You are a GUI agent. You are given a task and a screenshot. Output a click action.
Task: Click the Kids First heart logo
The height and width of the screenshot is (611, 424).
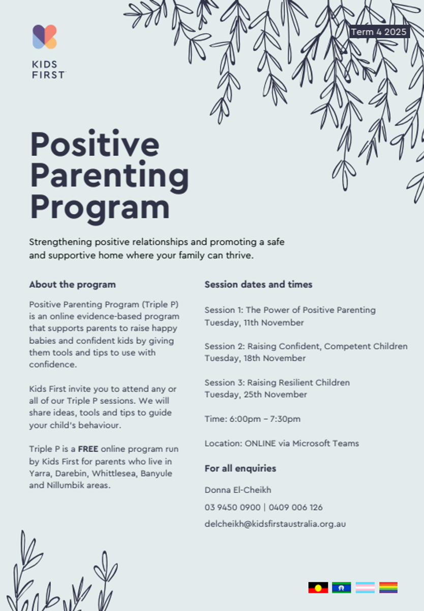[44, 37]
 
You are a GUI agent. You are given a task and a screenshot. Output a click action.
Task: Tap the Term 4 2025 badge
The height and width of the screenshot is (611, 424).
[379, 32]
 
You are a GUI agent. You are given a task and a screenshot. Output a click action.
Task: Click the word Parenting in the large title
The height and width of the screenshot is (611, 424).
[109, 176]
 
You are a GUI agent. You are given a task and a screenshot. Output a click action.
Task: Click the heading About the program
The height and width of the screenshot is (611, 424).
[72, 285]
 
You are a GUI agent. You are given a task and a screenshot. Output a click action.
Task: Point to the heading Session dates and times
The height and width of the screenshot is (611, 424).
[258, 285]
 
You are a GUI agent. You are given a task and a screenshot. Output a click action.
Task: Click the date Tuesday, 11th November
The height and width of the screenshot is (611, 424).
[254, 322]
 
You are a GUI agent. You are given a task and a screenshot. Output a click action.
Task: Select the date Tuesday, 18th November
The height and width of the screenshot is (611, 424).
[255, 358]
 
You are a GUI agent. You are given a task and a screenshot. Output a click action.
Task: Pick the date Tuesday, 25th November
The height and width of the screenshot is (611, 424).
[256, 394]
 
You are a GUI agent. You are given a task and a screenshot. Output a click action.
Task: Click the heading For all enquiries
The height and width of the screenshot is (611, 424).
[240, 468]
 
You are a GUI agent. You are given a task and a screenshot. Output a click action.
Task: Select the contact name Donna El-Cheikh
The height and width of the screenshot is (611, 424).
[238, 490]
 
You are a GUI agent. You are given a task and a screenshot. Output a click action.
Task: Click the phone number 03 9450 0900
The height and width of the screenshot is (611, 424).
[232, 507]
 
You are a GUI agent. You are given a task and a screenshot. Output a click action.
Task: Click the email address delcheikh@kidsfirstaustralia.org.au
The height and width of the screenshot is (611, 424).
[275, 523]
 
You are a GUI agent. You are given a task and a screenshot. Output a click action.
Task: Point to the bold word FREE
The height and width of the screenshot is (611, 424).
[88, 449]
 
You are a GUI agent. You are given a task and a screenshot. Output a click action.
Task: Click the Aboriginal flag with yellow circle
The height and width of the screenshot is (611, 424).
[318, 588]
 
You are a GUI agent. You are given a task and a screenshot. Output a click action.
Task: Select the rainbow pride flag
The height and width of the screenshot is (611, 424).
[388, 588]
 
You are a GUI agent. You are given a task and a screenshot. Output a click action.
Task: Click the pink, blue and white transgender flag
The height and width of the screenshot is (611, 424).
[365, 588]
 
